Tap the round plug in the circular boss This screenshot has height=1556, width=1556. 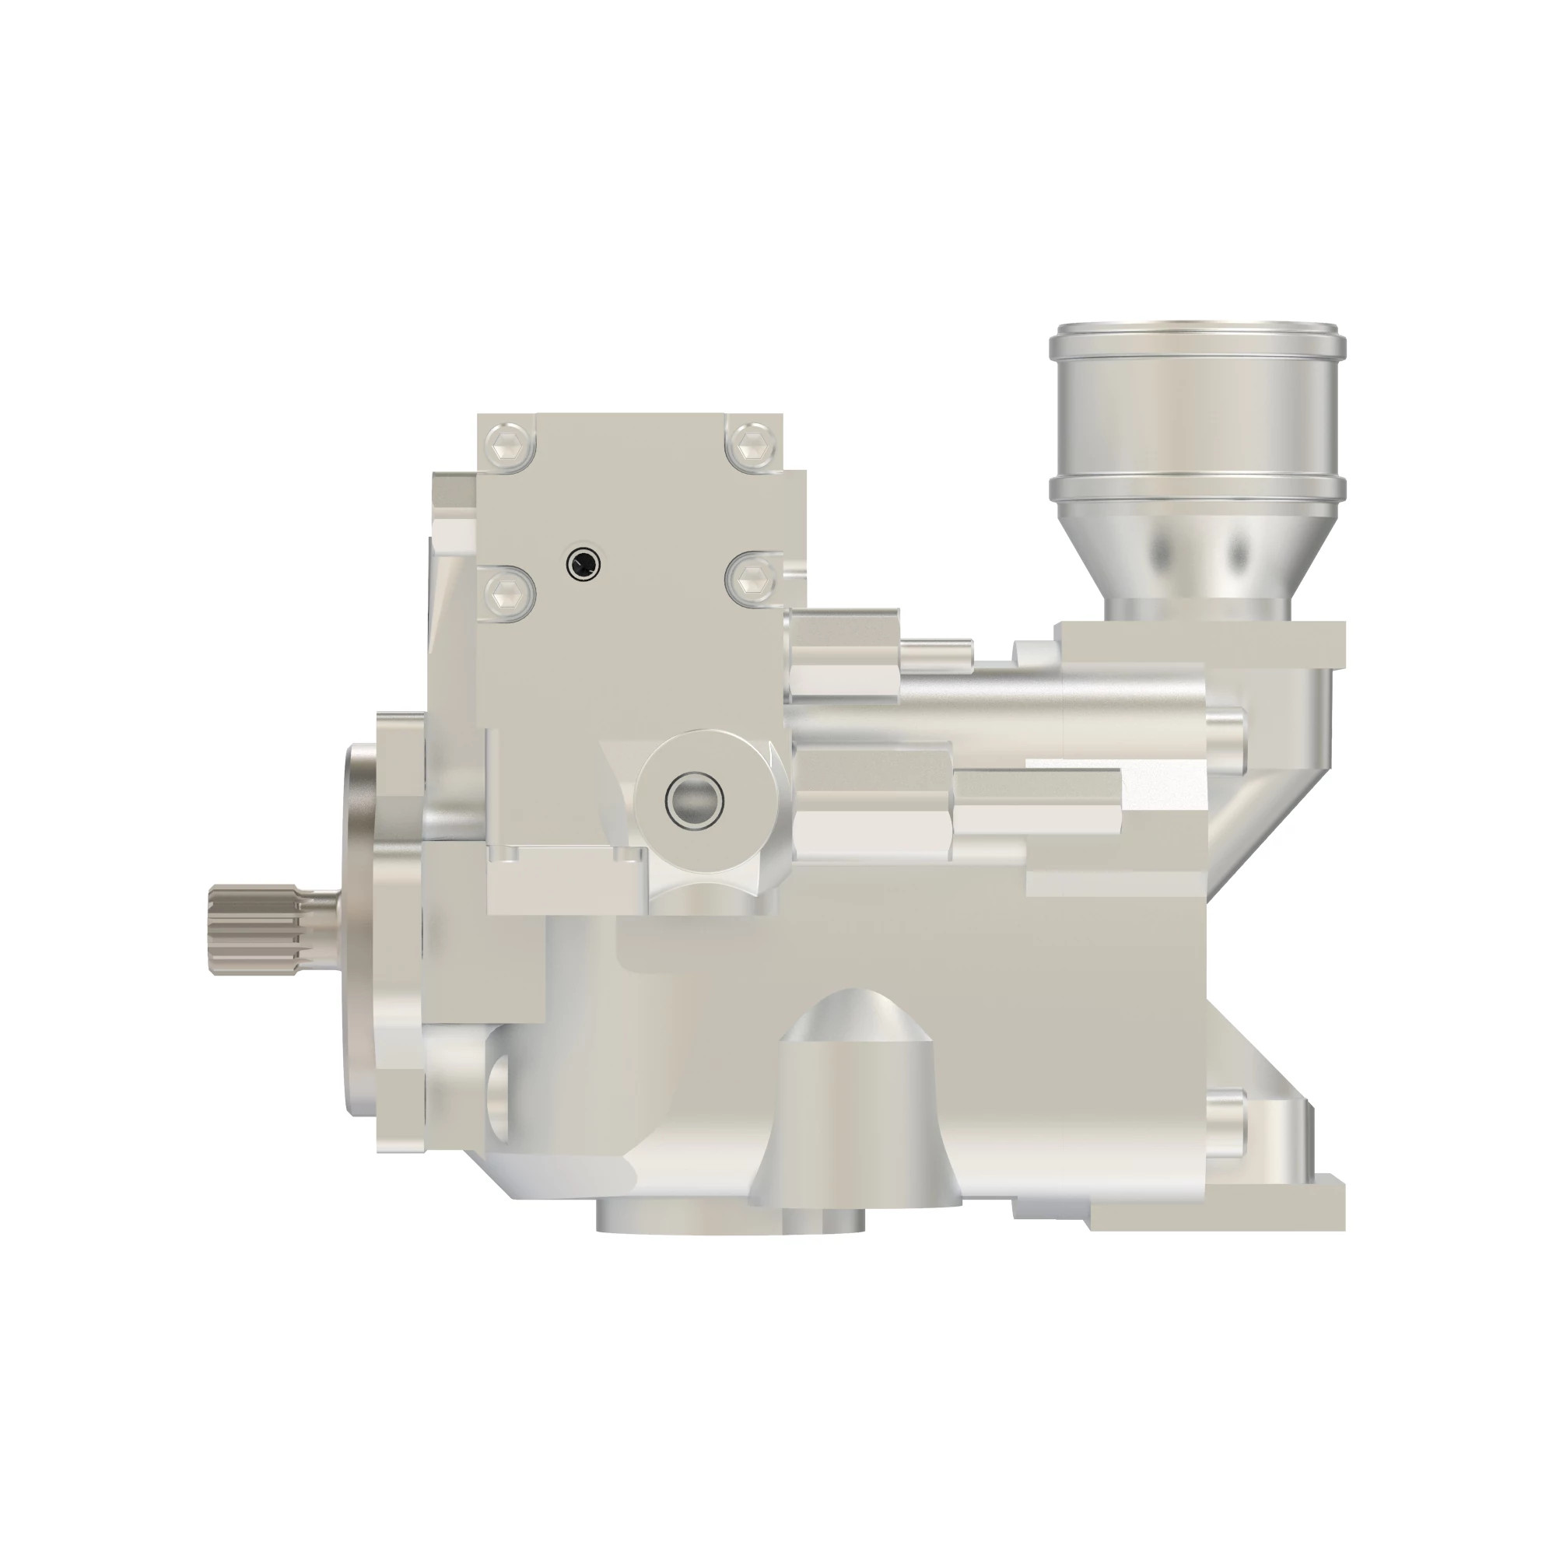click(x=694, y=799)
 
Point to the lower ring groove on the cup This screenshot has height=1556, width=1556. click(x=1197, y=485)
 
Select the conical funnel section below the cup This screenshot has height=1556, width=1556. click(x=1197, y=555)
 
